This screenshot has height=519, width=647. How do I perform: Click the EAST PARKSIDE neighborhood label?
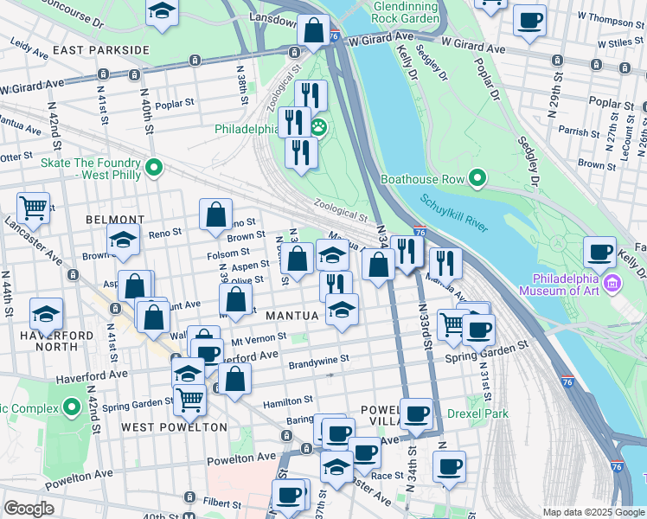pos(101,50)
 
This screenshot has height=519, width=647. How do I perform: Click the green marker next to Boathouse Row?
pos(477,180)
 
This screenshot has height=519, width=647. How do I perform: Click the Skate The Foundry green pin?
pos(154,167)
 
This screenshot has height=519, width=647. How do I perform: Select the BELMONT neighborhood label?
pos(115,220)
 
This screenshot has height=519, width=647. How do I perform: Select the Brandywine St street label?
pos(318,359)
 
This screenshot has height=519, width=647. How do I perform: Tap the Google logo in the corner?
pos(29,509)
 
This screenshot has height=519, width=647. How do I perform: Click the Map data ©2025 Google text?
pos(593,512)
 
